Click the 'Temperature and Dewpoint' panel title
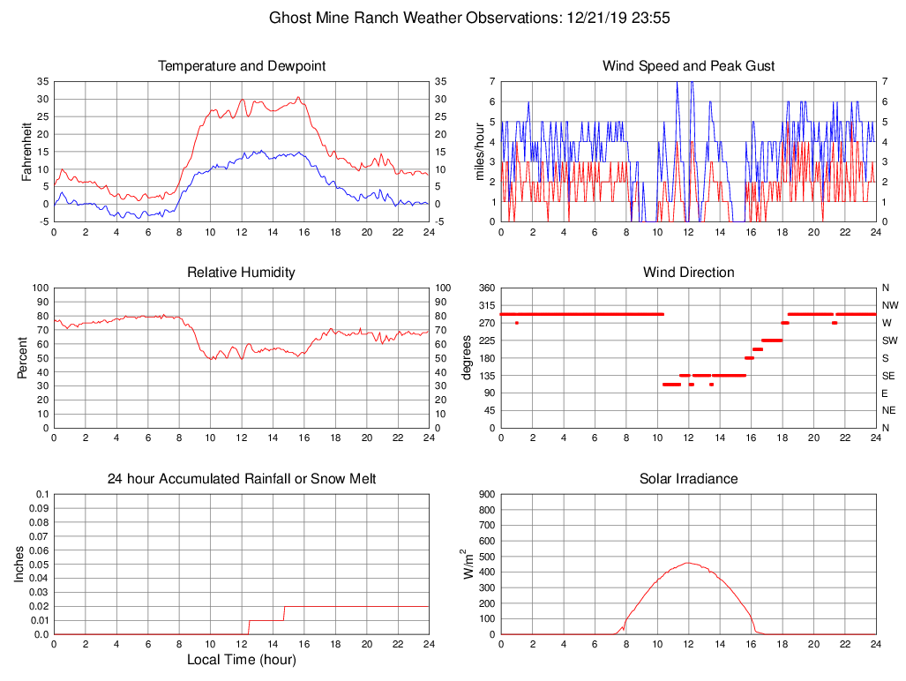point(241,66)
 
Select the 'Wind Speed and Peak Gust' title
point(688,66)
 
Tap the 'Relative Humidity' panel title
point(241,273)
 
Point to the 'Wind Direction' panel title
point(688,273)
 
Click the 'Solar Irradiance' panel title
point(688,479)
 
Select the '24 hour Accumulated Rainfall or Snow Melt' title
point(241,479)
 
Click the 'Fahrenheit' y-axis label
point(26,151)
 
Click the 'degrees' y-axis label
point(468,357)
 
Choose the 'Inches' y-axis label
point(19,565)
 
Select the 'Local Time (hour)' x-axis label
point(241,660)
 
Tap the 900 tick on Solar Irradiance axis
point(486,494)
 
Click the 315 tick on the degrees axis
point(486,305)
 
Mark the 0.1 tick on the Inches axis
point(41,494)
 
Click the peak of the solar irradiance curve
point(688,563)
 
